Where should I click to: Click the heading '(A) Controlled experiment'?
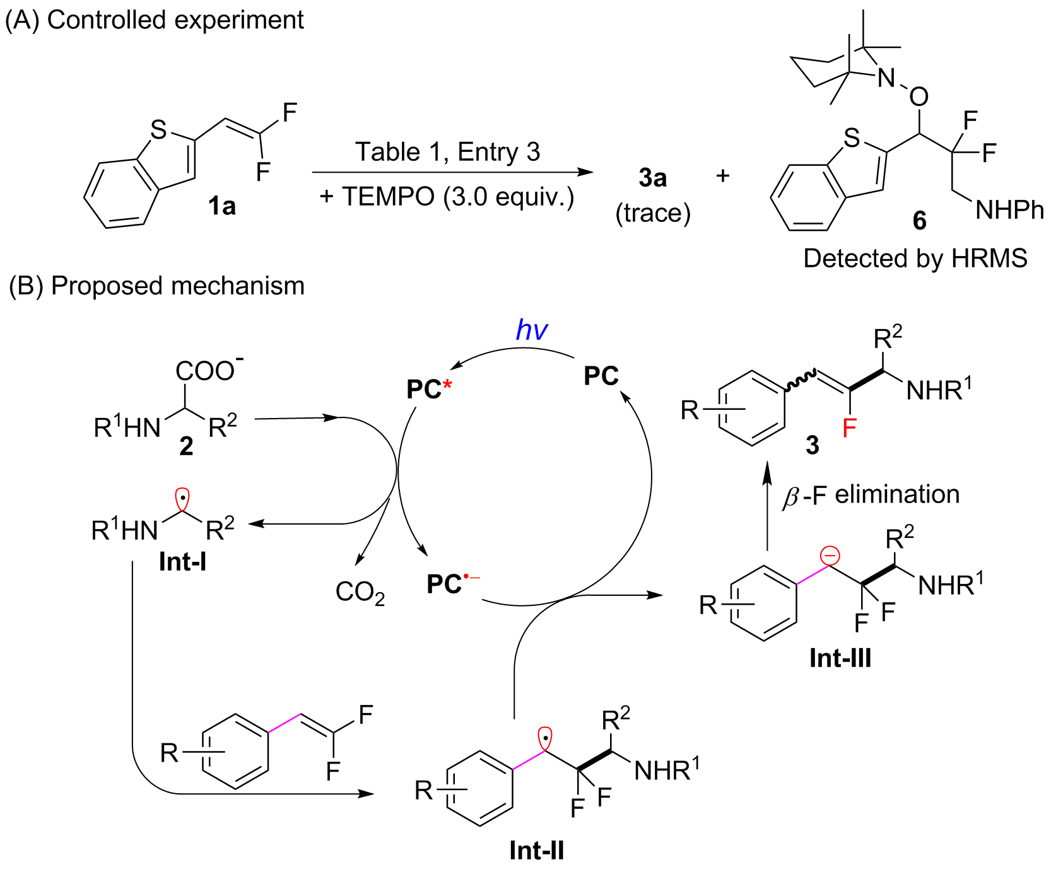[x=155, y=20]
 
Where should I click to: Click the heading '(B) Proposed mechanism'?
[x=156, y=286]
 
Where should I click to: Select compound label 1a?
[x=222, y=206]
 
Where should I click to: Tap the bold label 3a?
[x=652, y=178]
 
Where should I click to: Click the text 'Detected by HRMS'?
[x=915, y=258]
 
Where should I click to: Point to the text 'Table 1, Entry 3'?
[x=447, y=152]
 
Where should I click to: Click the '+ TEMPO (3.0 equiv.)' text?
[x=447, y=197]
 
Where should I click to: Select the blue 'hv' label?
[x=532, y=330]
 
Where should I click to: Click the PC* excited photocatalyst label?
[x=430, y=389]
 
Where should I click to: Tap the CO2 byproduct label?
[x=360, y=592]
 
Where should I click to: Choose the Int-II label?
[x=537, y=851]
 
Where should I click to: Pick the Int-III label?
[x=840, y=658]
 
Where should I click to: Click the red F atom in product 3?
[x=849, y=429]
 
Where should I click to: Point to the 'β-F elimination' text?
[x=871, y=496]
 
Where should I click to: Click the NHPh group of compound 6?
[x=1009, y=210]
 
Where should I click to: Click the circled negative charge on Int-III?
[x=830, y=556]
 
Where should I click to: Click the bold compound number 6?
[x=920, y=220]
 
